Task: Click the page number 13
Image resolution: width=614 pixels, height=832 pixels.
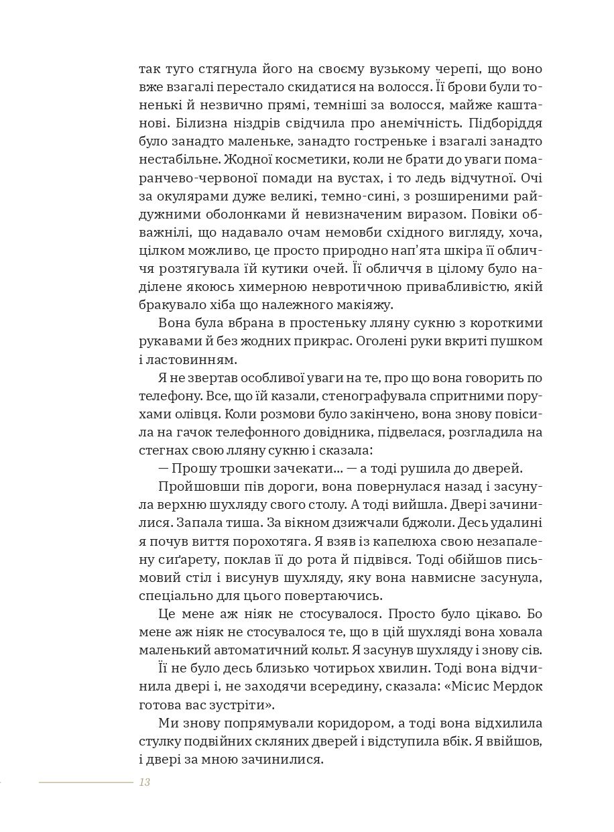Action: coord(144,782)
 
